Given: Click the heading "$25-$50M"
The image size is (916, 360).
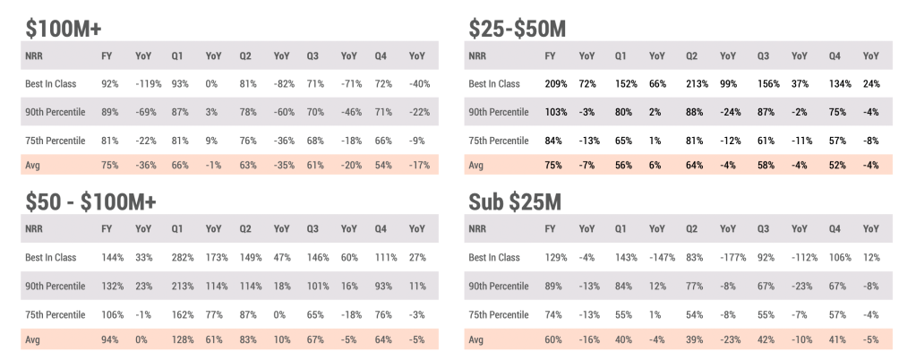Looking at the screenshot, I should tap(517, 29).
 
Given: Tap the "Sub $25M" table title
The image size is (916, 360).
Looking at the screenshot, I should tap(515, 201).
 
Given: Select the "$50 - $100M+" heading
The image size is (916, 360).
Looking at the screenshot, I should tap(90, 201).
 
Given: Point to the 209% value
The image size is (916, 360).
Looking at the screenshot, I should tap(555, 83).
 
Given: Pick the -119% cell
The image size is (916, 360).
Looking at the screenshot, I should tap(147, 83).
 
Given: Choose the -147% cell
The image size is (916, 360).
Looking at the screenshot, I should tap(662, 257).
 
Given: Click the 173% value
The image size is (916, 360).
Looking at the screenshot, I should tap(216, 257).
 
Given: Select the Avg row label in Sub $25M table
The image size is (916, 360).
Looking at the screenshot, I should tap(478, 340).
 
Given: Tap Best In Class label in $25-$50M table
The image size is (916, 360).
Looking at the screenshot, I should tap(496, 83).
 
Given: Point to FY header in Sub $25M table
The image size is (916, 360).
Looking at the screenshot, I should tap(551, 229).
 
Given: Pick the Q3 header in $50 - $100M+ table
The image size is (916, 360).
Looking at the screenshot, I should tap(311, 229).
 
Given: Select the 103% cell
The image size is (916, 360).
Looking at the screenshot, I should tap(555, 112).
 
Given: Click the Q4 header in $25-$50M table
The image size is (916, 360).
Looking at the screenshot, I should tap(835, 56).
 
